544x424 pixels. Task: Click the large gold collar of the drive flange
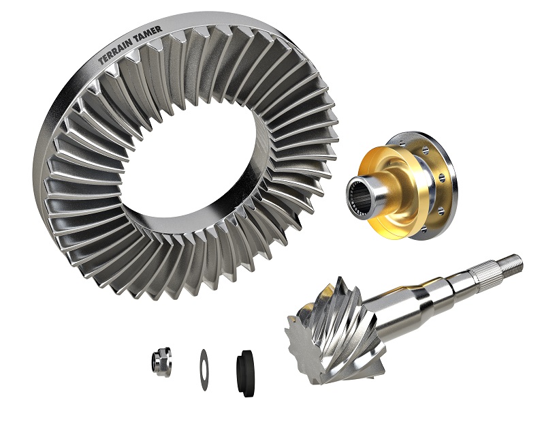(x=390, y=194)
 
